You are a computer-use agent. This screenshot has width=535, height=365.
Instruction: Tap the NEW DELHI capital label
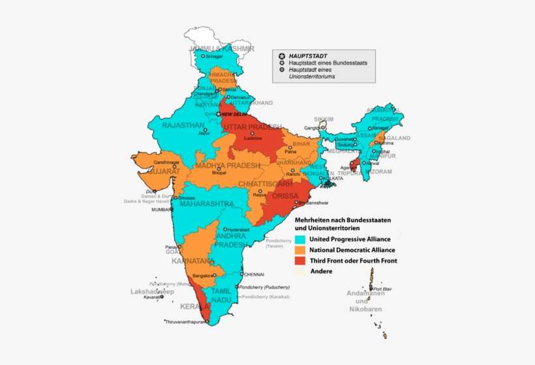pos(236,114)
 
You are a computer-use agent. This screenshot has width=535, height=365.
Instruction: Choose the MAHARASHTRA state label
pos(206,204)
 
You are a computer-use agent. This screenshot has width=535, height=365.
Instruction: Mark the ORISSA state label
pos(286,195)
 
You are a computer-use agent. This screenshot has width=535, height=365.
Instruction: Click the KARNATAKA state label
pos(193,261)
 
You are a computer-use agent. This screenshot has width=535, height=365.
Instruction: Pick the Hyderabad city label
pos(237,229)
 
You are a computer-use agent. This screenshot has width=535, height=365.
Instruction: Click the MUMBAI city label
pos(162,210)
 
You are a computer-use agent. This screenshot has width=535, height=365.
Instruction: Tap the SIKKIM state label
pos(324,119)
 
